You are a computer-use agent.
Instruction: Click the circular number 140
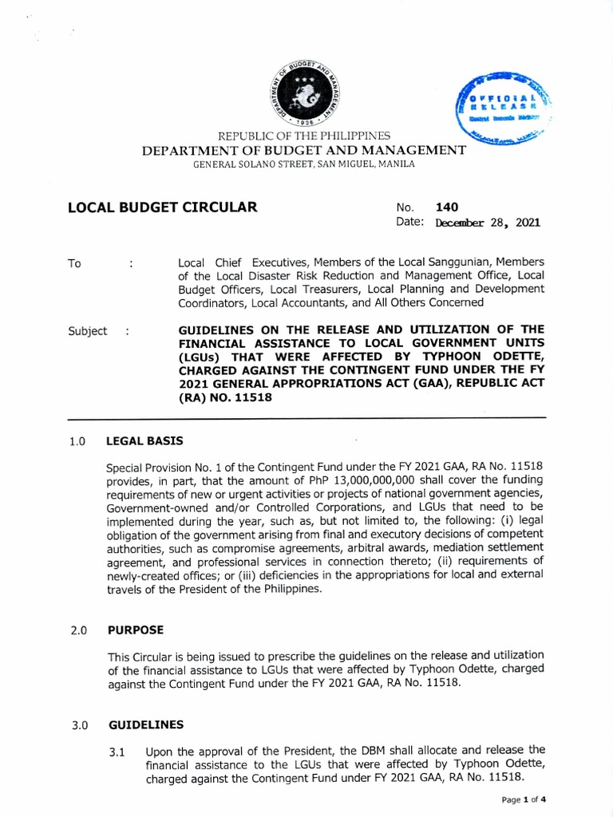point(448,207)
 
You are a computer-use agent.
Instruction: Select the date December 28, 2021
point(487,223)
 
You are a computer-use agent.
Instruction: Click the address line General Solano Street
point(304,164)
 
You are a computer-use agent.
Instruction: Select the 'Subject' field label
point(87,331)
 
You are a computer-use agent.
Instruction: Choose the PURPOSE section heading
point(136,630)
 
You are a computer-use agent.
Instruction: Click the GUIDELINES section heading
point(146,724)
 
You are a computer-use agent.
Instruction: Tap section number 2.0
point(77,630)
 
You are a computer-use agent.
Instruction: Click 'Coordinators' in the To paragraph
point(212,302)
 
